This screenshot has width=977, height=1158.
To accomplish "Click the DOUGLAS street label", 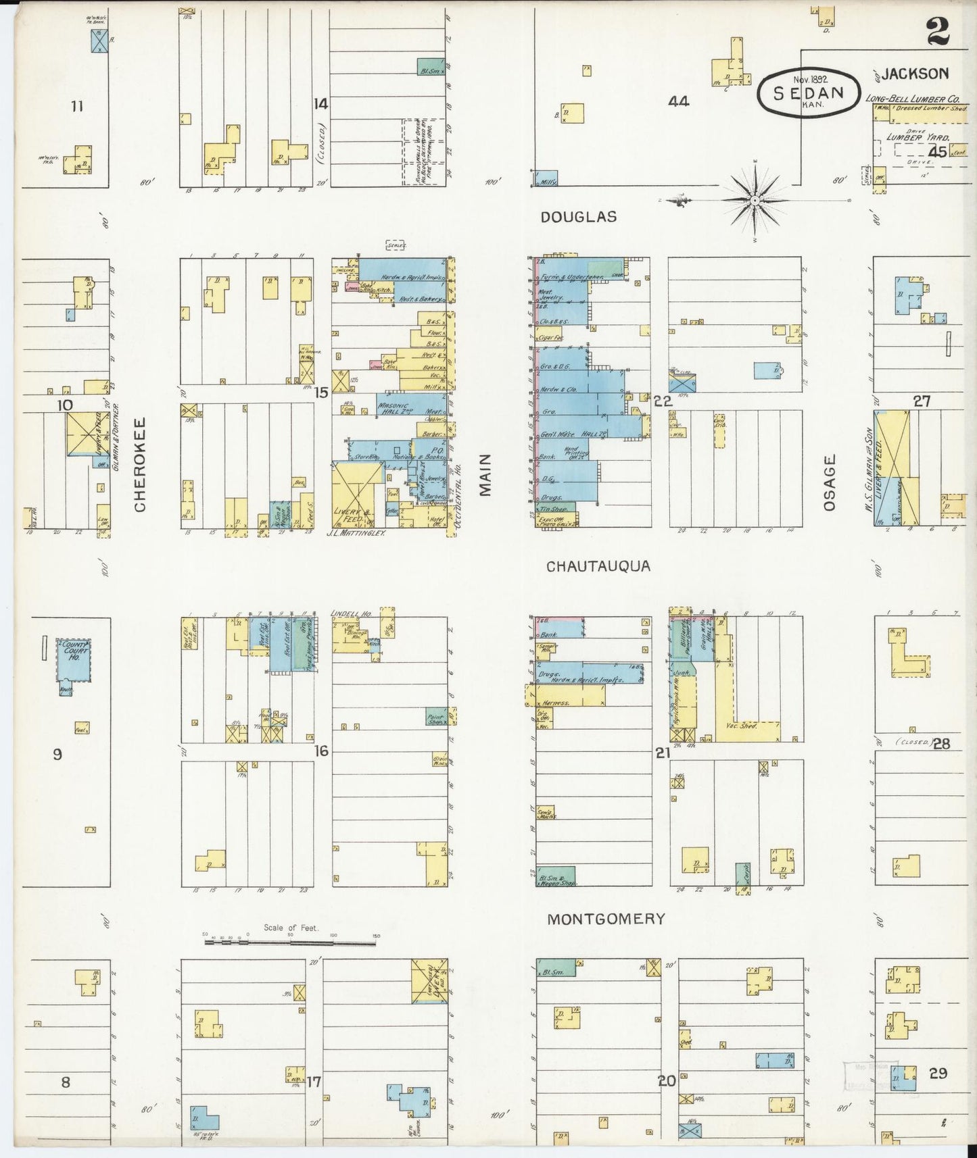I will click(578, 217).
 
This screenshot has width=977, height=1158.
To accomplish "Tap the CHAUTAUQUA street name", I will click(598, 566).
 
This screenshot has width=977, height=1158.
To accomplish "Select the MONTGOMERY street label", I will click(606, 919).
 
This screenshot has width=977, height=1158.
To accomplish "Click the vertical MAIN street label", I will click(485, 474).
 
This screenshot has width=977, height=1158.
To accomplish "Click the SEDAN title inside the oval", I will click(809, 93).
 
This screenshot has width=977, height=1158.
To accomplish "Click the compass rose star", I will click(754, 200).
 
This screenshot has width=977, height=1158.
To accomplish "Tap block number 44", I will click(678, 101).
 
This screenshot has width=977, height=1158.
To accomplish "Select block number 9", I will click(57, 753).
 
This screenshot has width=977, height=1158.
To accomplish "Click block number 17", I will click(313, 1082).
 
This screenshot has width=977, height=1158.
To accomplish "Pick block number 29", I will click(938, 1072).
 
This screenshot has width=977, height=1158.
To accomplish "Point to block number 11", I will click(77, 105).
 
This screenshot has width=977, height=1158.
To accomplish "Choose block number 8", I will click(66, 1082).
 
